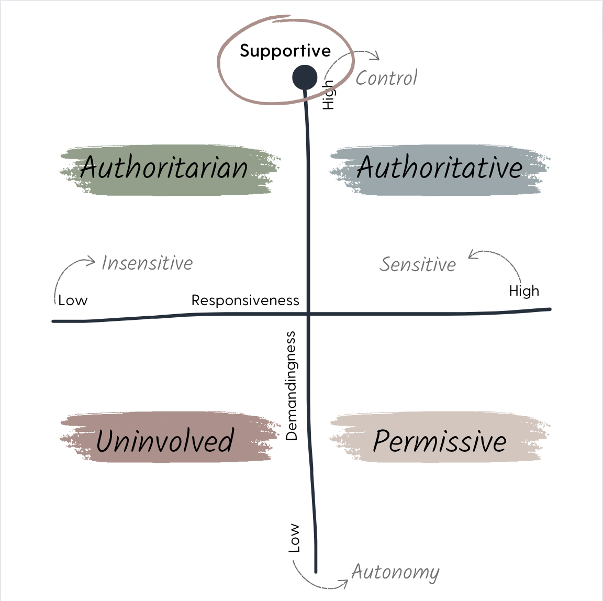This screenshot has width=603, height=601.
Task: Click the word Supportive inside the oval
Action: [x=285, y=51]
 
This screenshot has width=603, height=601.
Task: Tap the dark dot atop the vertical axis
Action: [x=304, y=77]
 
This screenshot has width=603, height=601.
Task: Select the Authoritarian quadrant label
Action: [x=164, y=168]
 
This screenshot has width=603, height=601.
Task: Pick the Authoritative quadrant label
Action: [x=440, y=168]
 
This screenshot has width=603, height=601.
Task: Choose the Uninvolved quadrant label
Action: [x=164, y=440]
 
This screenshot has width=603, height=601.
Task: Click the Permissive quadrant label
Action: [x=440, y=440]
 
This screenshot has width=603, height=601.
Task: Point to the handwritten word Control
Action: [x=386, y=78]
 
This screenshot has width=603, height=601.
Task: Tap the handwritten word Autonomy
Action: [x=395, y=572]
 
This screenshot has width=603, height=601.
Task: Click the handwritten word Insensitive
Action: [x=147, y=263]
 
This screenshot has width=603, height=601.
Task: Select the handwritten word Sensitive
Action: [x=418, y=264]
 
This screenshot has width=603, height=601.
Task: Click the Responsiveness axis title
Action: [x=245, y=300]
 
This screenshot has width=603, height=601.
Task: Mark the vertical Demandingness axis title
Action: [x=292, y=385]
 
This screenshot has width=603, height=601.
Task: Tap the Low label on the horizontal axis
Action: [x=73, y=300]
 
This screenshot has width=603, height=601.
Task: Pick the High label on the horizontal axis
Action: [x=524, y=291]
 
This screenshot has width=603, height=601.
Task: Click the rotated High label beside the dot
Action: [x=328, y=95]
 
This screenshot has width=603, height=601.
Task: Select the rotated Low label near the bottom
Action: [x=295, y=538]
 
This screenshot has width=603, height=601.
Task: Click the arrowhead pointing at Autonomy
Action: [x=345, y=583]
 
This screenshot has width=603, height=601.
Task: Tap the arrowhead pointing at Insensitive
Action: [x=92, y=260]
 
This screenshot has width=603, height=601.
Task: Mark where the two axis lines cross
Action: [x=308, y=314]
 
